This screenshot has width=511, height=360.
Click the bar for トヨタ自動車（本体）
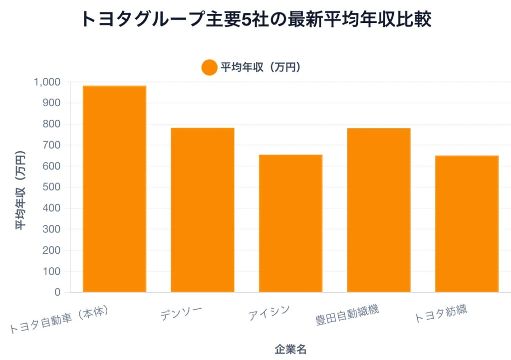point(114,189)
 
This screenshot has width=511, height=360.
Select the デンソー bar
point(202,210)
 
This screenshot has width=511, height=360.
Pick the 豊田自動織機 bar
point(378,210)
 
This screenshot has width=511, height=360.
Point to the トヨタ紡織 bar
point(467,224)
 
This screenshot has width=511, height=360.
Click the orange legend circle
point(209,67)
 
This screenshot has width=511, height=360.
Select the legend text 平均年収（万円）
point(260,67)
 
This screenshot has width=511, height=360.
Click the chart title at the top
point(255,19)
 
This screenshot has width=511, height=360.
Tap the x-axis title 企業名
point(290,349)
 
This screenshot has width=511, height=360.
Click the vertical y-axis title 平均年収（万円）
point(20,189)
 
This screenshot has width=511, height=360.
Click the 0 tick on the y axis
point(57,292)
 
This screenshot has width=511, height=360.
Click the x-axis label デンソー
point(182,314)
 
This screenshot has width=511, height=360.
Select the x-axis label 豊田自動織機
point(347,314)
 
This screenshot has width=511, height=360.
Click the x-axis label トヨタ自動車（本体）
point(59,319)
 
